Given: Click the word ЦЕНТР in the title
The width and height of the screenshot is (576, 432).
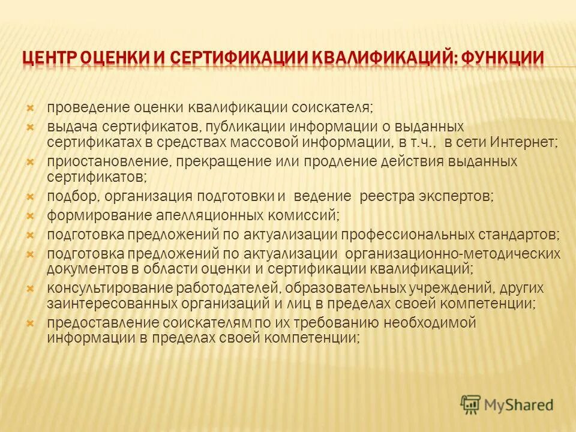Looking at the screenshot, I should point(49,59).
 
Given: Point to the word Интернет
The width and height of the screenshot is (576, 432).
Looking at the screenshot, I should point(523,143).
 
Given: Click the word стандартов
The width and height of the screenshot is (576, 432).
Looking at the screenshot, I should point(519,234).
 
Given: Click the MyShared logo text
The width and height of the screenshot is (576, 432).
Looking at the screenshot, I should point(519,405).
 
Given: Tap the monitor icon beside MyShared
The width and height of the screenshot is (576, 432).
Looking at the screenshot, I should point(472,404).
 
